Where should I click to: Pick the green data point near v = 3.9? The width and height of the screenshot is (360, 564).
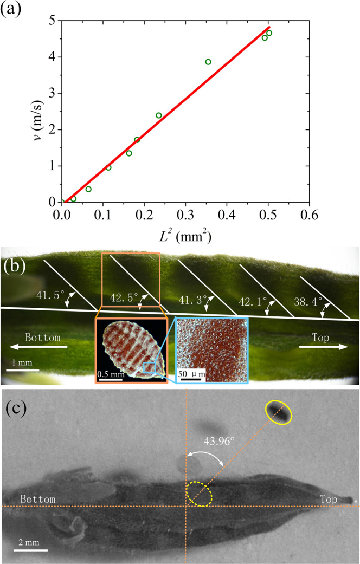pyautogui.click(x=208, y=62)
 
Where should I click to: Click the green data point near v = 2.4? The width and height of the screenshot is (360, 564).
pyautogui.click(x=159, y=115)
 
